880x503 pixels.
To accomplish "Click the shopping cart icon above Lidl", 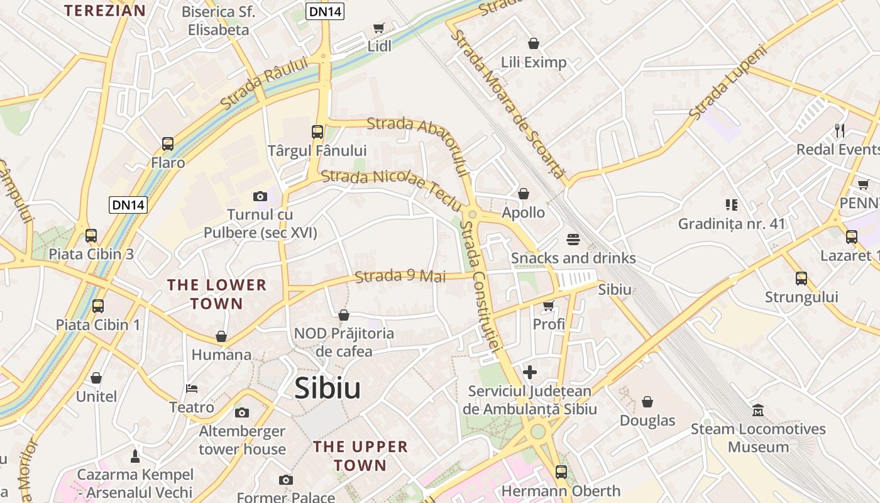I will pos(378,28).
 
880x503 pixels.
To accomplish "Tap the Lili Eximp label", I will pos(534,62).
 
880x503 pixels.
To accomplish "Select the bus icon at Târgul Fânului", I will pos(317,132).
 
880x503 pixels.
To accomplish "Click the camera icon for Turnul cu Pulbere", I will pos(260,197).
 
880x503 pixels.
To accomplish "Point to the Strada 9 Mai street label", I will pos(400,276).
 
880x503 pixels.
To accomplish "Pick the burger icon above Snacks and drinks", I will pos(573,240).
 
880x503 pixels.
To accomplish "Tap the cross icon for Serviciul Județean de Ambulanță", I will pos(530,372).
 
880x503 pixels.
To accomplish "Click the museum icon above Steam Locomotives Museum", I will pos(758,411).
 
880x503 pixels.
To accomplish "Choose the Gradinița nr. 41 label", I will pos(732,223).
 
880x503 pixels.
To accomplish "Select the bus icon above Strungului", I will pos(801,279).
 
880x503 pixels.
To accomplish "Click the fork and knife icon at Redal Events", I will pos(840,131).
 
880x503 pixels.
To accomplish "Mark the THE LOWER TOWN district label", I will pos(217,294).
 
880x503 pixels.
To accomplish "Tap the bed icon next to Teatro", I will pos(192,389).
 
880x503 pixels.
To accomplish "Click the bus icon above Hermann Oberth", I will pos(561,472).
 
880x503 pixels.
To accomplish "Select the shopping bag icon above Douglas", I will pos(647,402).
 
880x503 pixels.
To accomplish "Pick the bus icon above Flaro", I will pos(168,144).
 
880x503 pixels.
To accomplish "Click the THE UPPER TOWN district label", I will pos(360,456).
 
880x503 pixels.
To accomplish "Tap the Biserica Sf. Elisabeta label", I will pos(218,21).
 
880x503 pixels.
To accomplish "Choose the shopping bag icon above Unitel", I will pos(96,378).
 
